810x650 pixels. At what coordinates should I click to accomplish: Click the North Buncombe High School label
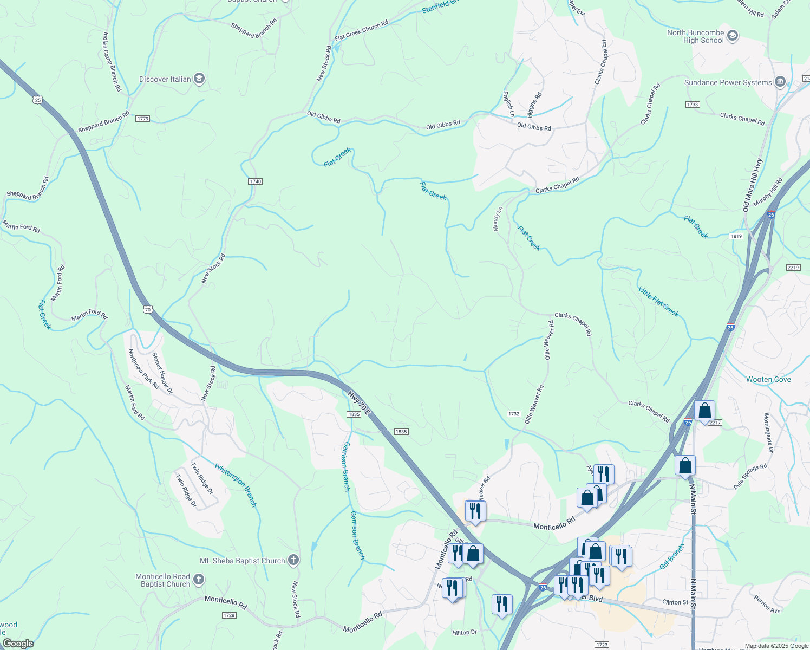[695, 36]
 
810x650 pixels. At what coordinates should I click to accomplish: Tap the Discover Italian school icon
[199, 79]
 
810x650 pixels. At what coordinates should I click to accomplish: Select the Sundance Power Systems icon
[780, 82]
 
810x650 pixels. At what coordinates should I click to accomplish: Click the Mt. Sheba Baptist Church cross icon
[293, 560]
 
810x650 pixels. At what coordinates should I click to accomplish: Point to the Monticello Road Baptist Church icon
[199, 580]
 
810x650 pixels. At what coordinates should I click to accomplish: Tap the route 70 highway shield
[148, 310]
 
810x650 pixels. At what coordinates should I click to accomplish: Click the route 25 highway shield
[37, 100]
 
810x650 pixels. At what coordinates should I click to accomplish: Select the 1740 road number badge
[255, 181]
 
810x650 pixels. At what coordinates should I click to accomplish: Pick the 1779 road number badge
[142, 119]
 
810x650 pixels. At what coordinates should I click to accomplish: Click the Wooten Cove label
[768, 379]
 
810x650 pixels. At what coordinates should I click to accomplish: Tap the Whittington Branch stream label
[236, 485]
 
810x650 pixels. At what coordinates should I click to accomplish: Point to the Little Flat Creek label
[658, 301]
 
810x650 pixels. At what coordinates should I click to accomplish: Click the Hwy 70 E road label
[359, 404]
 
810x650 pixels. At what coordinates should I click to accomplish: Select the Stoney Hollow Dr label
[162, 373]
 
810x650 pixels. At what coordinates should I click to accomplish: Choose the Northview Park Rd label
[143, 368]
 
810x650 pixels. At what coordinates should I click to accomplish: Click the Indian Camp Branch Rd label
[112, 61]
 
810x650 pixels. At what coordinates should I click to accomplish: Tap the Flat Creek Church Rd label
[362, 30]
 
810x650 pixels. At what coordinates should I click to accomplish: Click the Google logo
[18, 643]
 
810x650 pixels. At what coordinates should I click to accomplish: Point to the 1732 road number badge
[514, 414]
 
